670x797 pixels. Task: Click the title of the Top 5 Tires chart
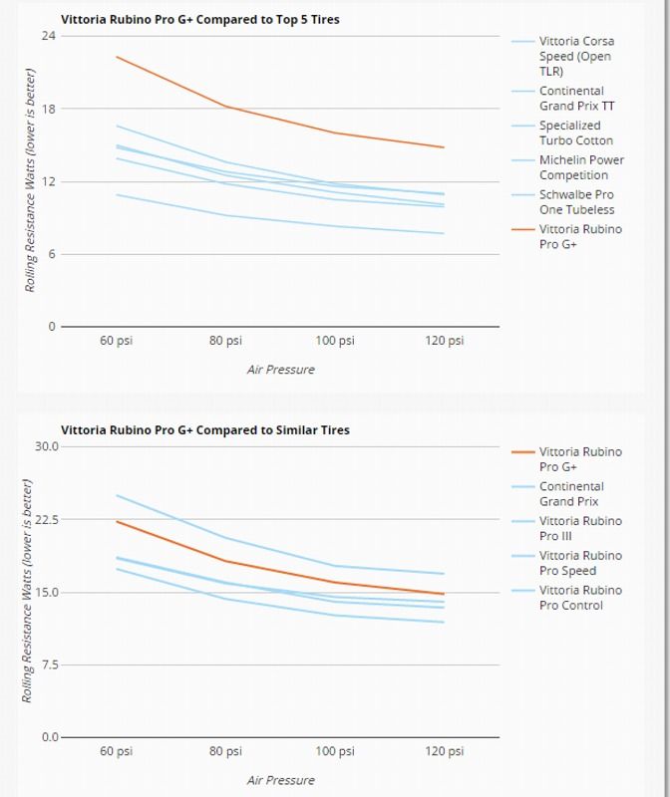pos(200,19)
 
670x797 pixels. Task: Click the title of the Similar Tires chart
pos(205,430)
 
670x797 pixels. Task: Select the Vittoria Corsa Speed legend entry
pos(576,56)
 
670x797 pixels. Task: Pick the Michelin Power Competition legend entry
pos(581,166)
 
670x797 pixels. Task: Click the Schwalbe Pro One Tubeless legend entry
pos(576,201)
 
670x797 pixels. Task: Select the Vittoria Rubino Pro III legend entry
pos(579,528)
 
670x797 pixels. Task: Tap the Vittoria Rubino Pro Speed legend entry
pos(579,563)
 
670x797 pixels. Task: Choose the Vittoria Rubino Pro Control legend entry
pos(579,597)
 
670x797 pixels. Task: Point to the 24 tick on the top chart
pos(48,36)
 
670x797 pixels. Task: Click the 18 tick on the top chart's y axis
pos(48,109)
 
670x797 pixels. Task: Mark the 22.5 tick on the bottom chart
pos(46,519)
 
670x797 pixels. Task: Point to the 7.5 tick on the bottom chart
pos(49,664)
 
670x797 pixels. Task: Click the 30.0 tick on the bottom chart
pos(46,446)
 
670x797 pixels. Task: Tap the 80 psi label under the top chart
pos(226,341)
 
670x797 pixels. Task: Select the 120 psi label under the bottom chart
pos(445,751)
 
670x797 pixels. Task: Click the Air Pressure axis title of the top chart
pos(280,370)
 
